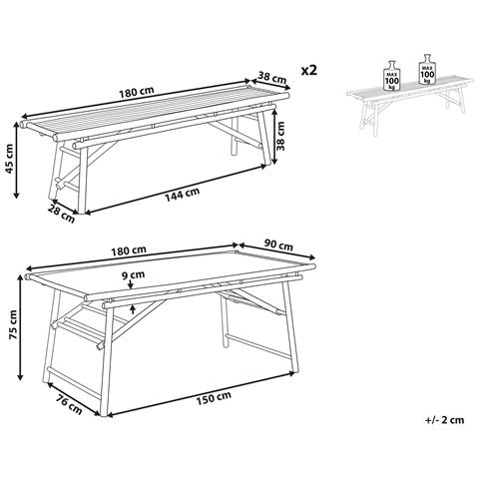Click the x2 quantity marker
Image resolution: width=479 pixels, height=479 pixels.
coord(309,70)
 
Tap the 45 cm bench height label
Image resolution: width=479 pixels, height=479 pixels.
coord(10,159)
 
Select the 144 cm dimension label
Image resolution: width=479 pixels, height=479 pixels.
coord(183,195)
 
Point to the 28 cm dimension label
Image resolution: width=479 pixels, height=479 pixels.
coord(61,214)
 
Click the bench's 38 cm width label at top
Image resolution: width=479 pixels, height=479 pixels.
coord(272,78)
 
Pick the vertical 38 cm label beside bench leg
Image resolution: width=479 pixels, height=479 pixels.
coord(281,136)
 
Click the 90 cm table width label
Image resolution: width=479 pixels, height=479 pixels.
coord(278,245)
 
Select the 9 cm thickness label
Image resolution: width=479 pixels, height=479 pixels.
coord(133,274)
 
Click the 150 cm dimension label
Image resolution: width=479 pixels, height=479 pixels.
coord(214,398)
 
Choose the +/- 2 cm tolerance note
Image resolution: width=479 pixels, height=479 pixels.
coord(444,420)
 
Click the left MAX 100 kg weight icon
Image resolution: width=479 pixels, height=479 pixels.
coord(392,75)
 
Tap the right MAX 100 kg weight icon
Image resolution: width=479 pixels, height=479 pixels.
coord(427,69)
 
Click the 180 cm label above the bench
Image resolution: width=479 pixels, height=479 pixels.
coord(137,92)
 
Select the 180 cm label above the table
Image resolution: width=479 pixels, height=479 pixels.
coord(130,249)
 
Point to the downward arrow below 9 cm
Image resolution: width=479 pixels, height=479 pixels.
coord(130,283)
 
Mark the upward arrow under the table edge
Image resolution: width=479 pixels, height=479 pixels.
coord(133,309)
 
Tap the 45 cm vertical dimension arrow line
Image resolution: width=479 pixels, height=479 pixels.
coord(16,161)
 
